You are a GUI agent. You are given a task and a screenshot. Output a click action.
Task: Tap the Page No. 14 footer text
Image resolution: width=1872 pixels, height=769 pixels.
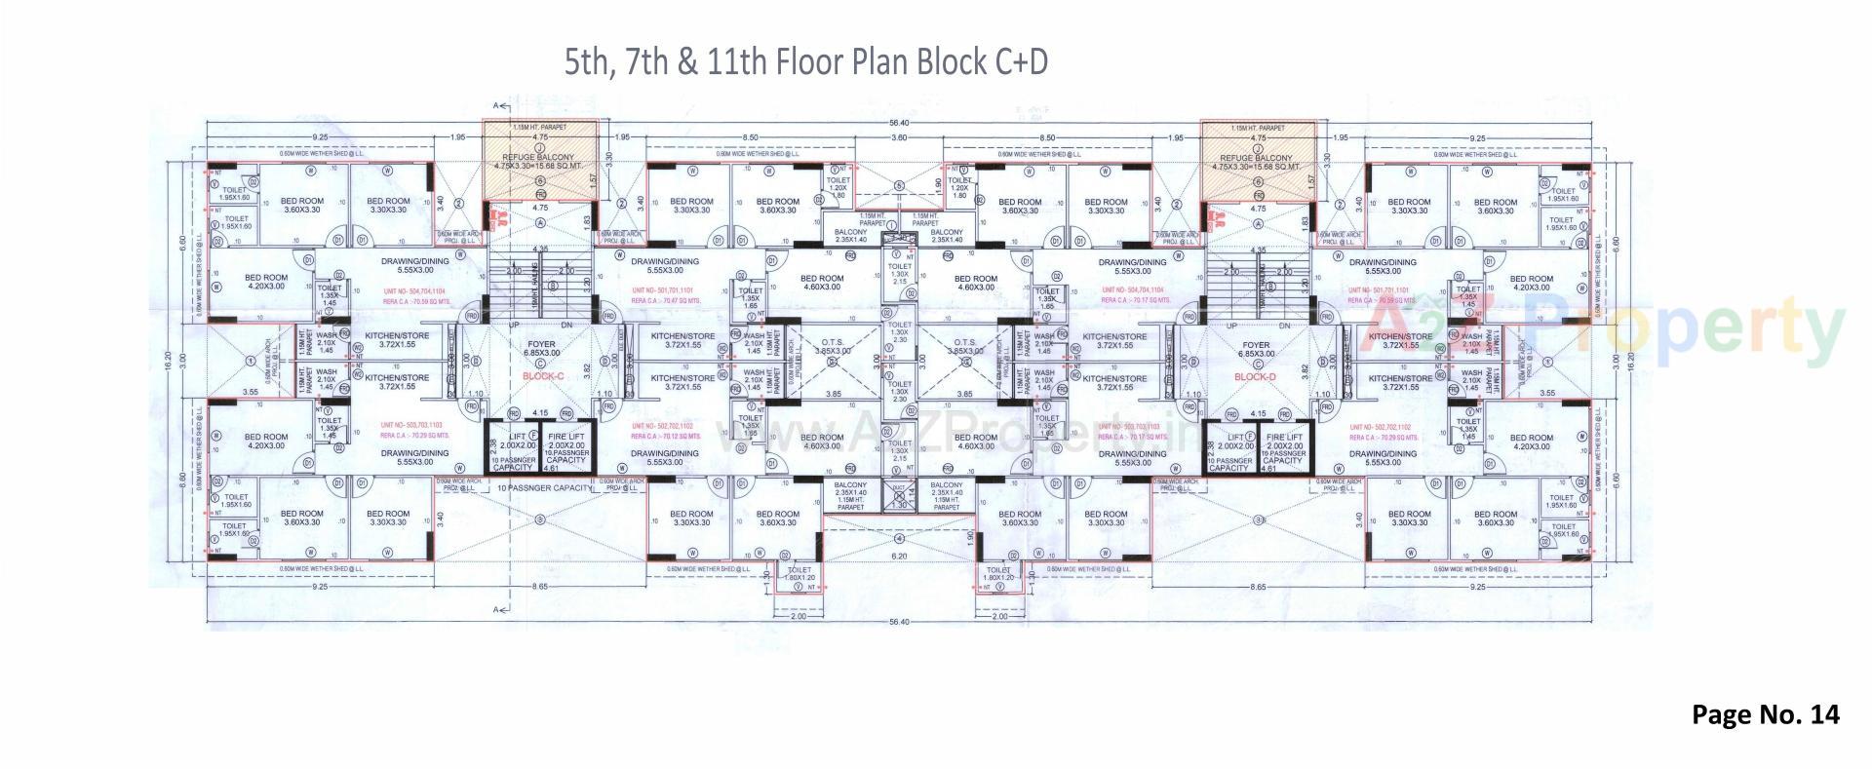point(1765,714)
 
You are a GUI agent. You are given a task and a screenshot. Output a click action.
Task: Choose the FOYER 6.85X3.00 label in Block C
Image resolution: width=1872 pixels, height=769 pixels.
point(541,349)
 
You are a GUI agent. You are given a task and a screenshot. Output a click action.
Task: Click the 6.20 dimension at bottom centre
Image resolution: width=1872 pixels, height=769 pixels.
point(899,556)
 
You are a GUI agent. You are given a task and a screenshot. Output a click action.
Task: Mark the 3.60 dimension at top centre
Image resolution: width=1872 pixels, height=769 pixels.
point(899,138)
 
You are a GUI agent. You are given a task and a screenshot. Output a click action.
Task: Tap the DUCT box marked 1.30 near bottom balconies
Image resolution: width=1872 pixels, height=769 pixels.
point(899,498)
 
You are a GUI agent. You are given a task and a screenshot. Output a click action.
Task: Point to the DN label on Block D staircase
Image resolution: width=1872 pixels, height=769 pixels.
point(1285,325)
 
